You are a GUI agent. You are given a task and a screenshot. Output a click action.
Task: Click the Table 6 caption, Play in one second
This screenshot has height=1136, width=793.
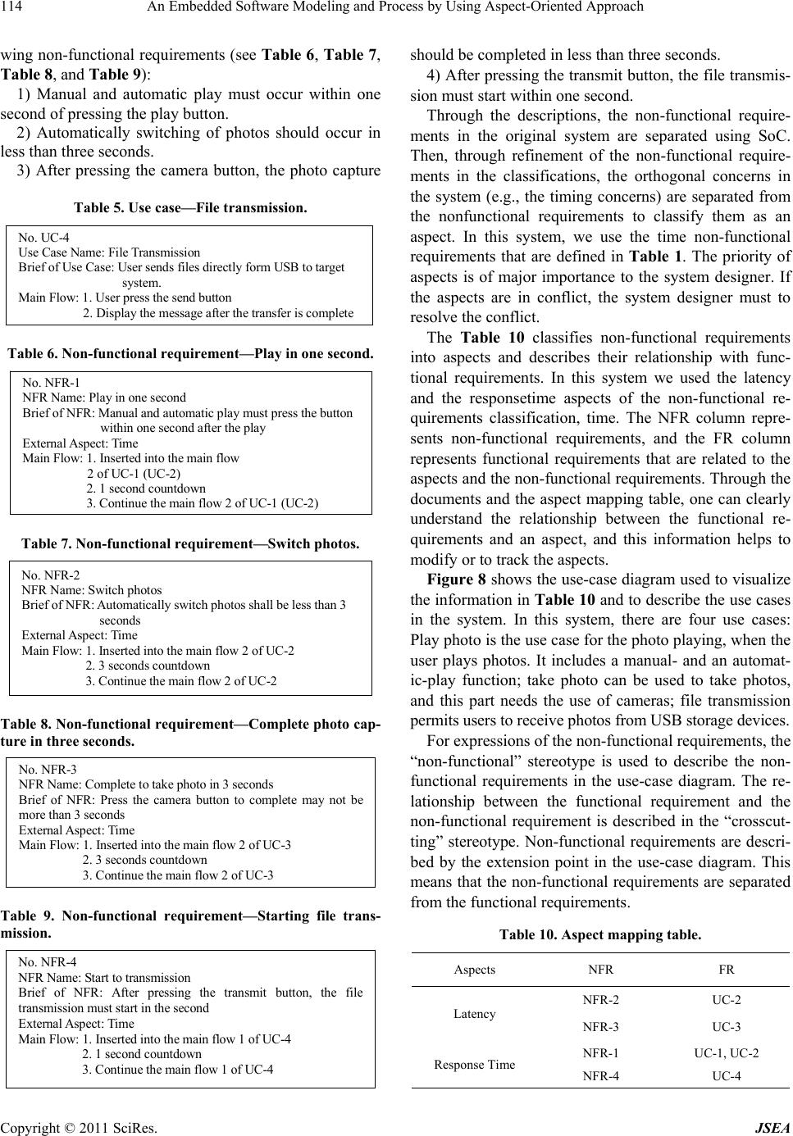tap(190, 354)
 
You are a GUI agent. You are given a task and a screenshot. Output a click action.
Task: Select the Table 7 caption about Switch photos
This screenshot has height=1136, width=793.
tap(190, 543)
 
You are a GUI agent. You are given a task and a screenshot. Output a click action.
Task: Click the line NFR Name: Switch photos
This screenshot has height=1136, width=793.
tap(91, 590)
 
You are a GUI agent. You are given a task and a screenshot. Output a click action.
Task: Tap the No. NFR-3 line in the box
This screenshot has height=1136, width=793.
tap(47, 770)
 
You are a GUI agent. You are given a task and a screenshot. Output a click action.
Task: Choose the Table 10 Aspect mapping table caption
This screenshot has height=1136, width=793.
tap(600, 934)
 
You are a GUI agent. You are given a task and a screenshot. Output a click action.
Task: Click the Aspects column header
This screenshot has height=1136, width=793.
tap(474, 970)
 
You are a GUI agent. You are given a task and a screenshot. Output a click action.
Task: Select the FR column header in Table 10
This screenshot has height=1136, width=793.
tap(727, 970)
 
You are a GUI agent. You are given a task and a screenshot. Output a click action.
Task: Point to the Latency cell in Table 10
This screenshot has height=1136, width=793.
tap(474, 1014)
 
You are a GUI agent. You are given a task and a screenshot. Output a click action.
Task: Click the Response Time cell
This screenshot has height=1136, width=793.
tap(474, 1065)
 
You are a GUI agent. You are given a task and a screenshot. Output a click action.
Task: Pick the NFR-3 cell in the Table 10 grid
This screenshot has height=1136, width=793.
tap(600, 1027)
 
